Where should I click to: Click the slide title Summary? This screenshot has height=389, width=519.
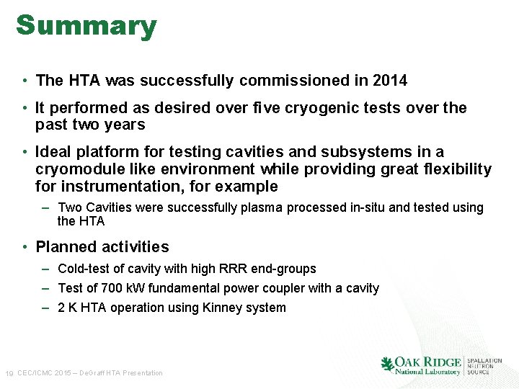coord(86,26)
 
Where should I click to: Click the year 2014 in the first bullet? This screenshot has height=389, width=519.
coord(390,81)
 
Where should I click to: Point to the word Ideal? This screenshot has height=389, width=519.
coord(55,152)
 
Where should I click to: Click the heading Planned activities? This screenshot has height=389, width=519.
coord(102,247)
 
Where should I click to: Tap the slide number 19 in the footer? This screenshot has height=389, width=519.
coord(9,373)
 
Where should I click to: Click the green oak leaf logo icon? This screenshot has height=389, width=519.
coord(388,364)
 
